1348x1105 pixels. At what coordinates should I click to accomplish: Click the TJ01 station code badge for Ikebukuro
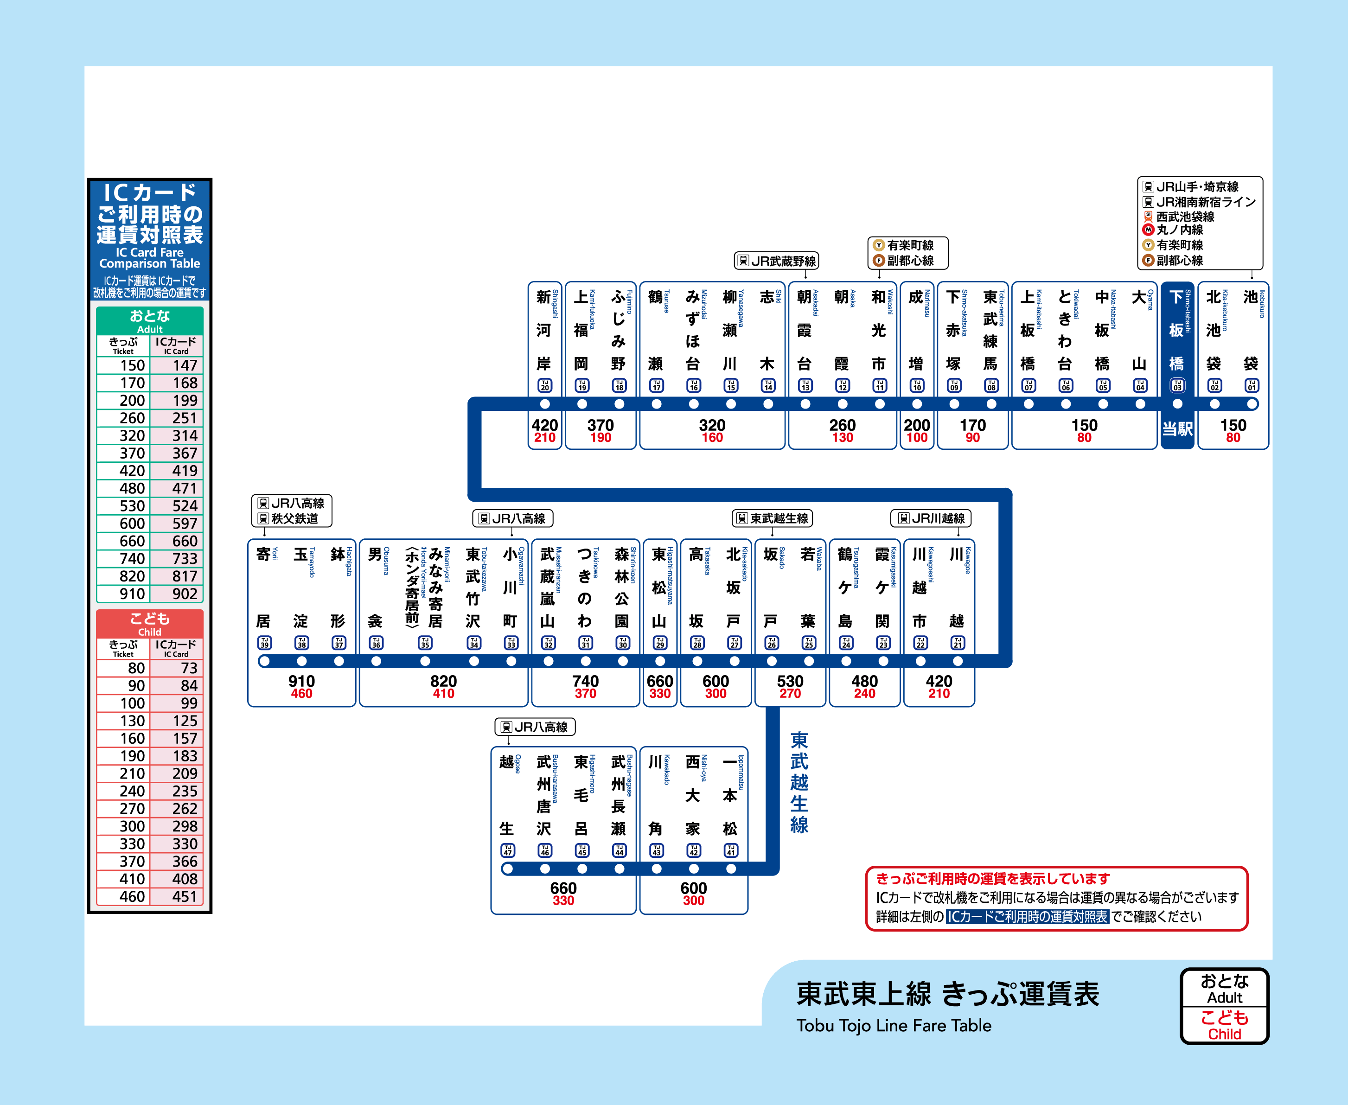tap(1251, 386)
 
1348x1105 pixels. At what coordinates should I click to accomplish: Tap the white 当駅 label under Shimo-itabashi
tap(1177, 429)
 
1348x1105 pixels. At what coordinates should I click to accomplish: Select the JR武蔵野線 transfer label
tap(776, 261)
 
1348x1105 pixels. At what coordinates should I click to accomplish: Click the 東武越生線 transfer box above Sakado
tap(773, 518)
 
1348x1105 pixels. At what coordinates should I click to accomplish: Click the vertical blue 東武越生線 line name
tap(799, 783)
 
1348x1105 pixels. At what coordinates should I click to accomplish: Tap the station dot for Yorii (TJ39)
tap(264, 661)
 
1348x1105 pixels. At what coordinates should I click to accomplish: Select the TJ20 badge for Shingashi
tap(545, 386)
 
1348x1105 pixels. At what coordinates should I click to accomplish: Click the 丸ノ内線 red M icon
tap(1148, 230)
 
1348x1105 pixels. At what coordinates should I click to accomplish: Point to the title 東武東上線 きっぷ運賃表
tap(947, 994)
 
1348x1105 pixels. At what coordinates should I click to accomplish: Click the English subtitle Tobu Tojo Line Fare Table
tap(894, 1025)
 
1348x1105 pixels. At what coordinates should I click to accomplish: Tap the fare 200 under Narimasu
tap(916, 425)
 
